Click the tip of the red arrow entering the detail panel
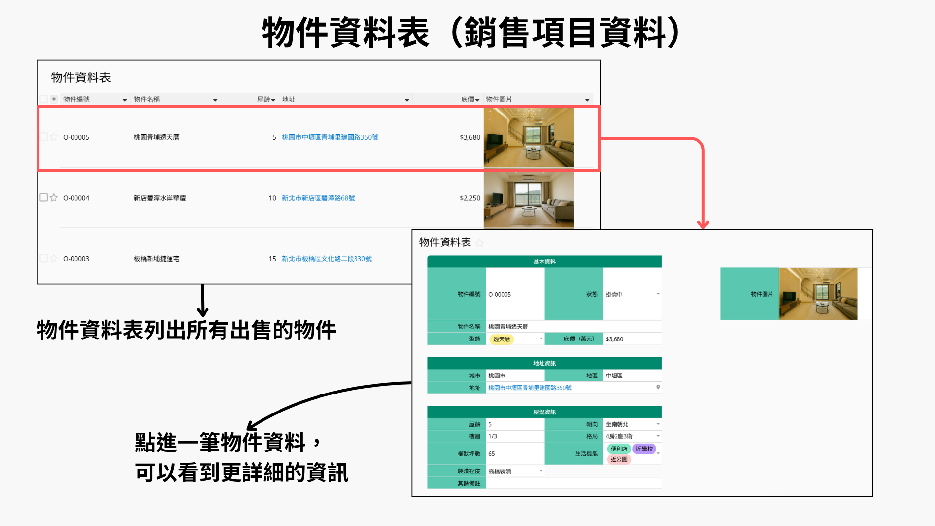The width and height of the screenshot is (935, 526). [703, 229]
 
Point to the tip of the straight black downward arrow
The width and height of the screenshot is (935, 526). [203, 316]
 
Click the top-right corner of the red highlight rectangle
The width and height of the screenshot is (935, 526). [600, 106]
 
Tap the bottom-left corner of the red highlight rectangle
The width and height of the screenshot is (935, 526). [38, 170]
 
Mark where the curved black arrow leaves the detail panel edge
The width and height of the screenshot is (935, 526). [412, 383]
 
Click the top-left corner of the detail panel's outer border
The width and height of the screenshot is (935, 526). [412, 230]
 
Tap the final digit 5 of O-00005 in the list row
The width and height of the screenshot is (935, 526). [87, 137]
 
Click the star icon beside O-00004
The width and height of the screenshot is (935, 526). [54, 198]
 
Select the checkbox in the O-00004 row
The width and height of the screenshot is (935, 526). [44, 197]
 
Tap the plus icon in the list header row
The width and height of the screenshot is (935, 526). [54, 99]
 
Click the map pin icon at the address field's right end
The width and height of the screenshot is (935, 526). [658, 387]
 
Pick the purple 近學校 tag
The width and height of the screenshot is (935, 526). [644, 449]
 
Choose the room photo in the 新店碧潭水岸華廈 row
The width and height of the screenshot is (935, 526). [528, 200]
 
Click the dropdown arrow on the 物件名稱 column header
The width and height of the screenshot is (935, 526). [215, 100]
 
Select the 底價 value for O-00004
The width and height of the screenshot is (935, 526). [470, 198]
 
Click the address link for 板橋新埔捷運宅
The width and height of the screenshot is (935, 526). [327, 259]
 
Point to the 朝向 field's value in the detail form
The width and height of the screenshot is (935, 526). [617, 424]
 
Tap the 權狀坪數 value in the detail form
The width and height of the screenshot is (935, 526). [492, 453]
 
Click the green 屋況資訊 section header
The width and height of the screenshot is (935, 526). [544, 412]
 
